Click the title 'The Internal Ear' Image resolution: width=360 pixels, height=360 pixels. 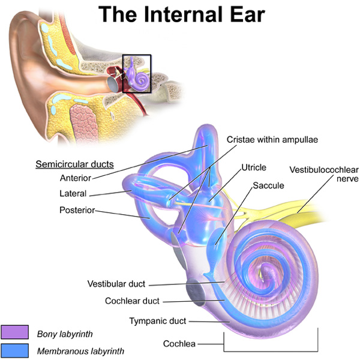[182, 14]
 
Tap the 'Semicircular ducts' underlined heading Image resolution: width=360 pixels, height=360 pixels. [74, 164]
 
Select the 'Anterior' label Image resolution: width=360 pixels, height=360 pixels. [76, 178]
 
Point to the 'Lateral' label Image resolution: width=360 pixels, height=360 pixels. [73, 194]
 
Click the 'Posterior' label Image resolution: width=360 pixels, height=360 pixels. [77, 210]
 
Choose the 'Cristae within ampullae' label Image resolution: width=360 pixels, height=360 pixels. [272, 140]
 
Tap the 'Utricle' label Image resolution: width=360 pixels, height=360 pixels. [254, 167]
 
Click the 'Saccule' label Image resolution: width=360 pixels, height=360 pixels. [268, 185]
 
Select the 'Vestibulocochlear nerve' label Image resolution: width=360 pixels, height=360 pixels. [324, 174]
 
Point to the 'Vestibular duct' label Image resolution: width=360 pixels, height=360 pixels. [116, 284]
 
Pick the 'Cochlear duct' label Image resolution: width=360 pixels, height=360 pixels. [132, 301]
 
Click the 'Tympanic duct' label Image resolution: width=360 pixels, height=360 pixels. [158, 321]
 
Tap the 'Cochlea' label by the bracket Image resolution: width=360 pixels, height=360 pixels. [179, 344]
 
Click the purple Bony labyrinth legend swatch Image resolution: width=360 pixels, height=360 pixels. [14, 332]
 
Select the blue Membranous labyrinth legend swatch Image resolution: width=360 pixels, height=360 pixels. [14, 350]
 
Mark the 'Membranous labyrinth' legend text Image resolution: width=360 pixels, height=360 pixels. [80, 351]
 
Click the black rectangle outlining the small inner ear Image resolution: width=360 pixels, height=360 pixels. [122, 73]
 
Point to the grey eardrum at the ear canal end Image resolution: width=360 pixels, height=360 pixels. [113, 84]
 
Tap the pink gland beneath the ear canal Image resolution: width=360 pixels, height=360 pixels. [83, 124]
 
